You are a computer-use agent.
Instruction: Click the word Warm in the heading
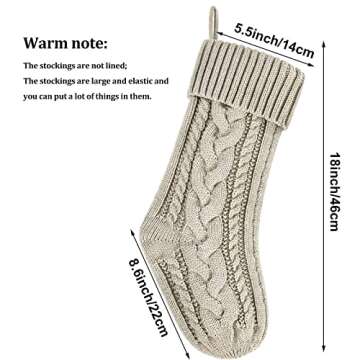click(47, 44)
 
